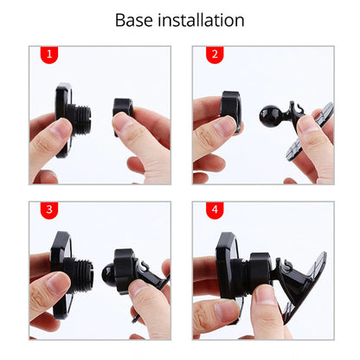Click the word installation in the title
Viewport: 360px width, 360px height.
202,20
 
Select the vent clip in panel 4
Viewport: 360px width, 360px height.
305,286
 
